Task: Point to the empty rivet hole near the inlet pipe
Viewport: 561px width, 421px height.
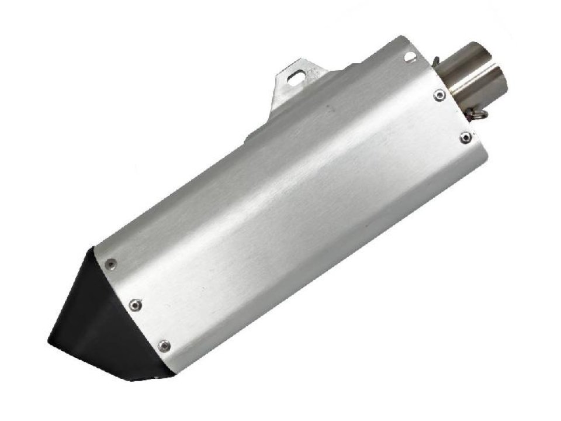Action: tap(409, 57)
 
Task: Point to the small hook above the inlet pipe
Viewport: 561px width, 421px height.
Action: tap(437, 58)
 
